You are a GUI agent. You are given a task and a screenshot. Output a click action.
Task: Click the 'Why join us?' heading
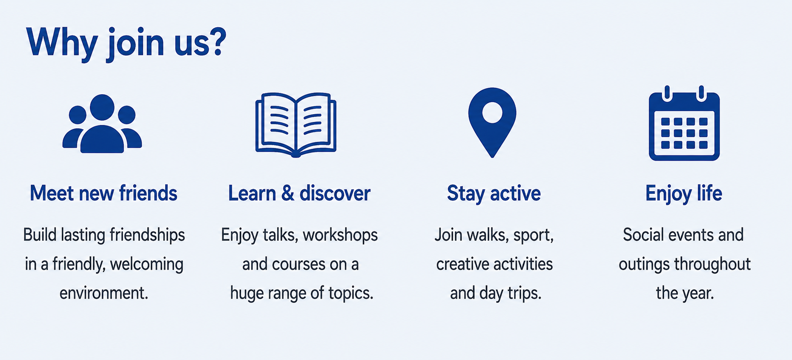point(126,43)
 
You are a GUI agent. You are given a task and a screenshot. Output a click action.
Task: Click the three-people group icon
point(102,124)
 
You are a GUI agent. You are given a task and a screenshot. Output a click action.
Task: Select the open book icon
point(296,124)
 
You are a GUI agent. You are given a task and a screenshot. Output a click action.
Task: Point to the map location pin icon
point(492,123)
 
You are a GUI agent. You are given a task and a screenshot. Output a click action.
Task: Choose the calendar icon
point(684,123)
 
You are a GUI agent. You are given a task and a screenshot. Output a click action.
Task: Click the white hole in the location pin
point(492,112)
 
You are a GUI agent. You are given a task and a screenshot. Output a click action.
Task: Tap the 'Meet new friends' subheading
point(103,193)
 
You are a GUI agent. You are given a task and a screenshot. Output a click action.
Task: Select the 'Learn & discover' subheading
point(299,193)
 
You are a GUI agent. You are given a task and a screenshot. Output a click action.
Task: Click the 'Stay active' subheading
point(494,194)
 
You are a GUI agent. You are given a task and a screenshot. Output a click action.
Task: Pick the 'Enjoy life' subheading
point(684,194)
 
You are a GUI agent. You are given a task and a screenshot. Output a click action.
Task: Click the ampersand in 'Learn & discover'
point(287,193)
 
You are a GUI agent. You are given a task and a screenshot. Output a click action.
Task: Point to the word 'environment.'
point(104,293)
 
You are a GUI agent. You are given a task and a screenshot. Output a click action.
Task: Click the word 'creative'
point(463,264)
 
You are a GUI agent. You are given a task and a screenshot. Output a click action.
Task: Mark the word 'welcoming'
point(146,265)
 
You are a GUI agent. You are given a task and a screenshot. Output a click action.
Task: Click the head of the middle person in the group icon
point(102,107)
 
